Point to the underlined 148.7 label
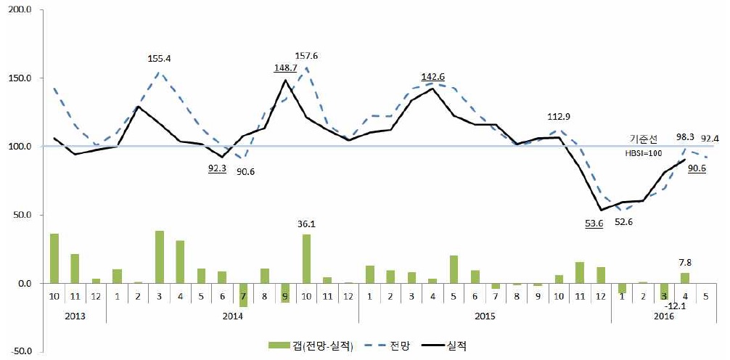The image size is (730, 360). tap(284, 67)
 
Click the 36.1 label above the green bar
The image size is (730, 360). tap(307, 224)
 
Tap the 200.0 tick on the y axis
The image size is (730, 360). tap(22, 10)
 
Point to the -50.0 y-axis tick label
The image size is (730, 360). tap(22, 351)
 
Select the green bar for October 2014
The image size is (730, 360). tap(306, 258)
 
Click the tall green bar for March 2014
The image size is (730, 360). tap(159, 257)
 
